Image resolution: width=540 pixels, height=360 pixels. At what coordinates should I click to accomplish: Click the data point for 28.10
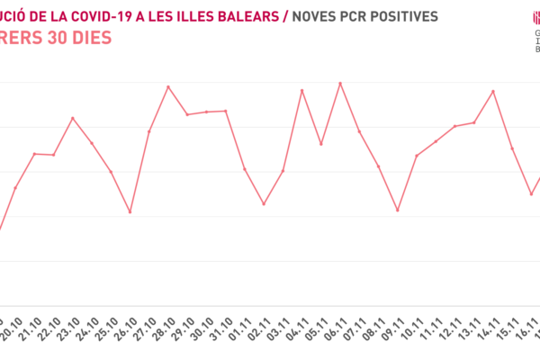click(168, 87)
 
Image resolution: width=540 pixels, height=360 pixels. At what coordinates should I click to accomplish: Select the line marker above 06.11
click(340, 83)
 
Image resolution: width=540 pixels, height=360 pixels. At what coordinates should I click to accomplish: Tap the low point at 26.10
click(130, 212)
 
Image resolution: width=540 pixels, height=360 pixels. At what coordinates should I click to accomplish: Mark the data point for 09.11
click(397, 211)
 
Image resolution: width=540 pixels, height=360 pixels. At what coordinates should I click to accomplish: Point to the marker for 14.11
click(493, 91)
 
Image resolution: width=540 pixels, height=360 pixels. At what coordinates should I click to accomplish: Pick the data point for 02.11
click(264, 204)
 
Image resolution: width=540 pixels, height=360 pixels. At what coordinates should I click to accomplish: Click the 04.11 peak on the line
click(302, 91)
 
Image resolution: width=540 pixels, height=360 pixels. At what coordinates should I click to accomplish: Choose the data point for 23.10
click(73, 118)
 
